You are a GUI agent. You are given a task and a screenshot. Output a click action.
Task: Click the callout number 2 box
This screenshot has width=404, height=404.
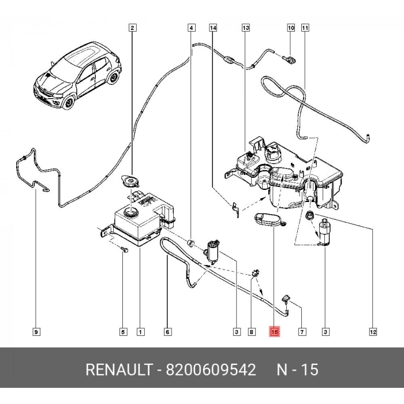click(132, 28)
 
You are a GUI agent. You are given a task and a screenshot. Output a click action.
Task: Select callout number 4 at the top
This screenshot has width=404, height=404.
click(191, 28)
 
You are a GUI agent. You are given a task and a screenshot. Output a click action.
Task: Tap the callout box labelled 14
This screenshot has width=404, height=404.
click(213, 28)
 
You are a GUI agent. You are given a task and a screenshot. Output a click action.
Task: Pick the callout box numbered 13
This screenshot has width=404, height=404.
click(245, 28)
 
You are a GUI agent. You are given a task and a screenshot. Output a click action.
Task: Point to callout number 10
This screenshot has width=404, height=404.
click(291, 28)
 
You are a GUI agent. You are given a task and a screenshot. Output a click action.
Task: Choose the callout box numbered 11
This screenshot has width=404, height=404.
click(305, 28)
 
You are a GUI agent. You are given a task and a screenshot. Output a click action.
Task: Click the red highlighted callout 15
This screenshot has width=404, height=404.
click(274, 332)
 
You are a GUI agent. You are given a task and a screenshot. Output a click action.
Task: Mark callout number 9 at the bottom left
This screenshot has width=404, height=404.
click(36, 332)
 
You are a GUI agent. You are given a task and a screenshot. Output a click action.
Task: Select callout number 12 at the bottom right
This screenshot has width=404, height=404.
click(373, 332)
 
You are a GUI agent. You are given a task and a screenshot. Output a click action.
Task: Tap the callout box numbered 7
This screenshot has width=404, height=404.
click(302, 332)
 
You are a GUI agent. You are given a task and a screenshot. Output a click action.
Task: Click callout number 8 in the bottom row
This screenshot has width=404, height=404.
click(251, 332)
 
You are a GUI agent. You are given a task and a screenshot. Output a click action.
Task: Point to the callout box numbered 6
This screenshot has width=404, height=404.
click(167, 332)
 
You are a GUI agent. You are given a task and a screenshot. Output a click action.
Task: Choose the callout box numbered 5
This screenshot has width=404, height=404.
click(123, 332)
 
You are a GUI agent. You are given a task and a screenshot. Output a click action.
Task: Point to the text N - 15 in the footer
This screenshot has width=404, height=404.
click(297, 370)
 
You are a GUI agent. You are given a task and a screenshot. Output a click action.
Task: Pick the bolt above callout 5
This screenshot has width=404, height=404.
click(124, 249)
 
